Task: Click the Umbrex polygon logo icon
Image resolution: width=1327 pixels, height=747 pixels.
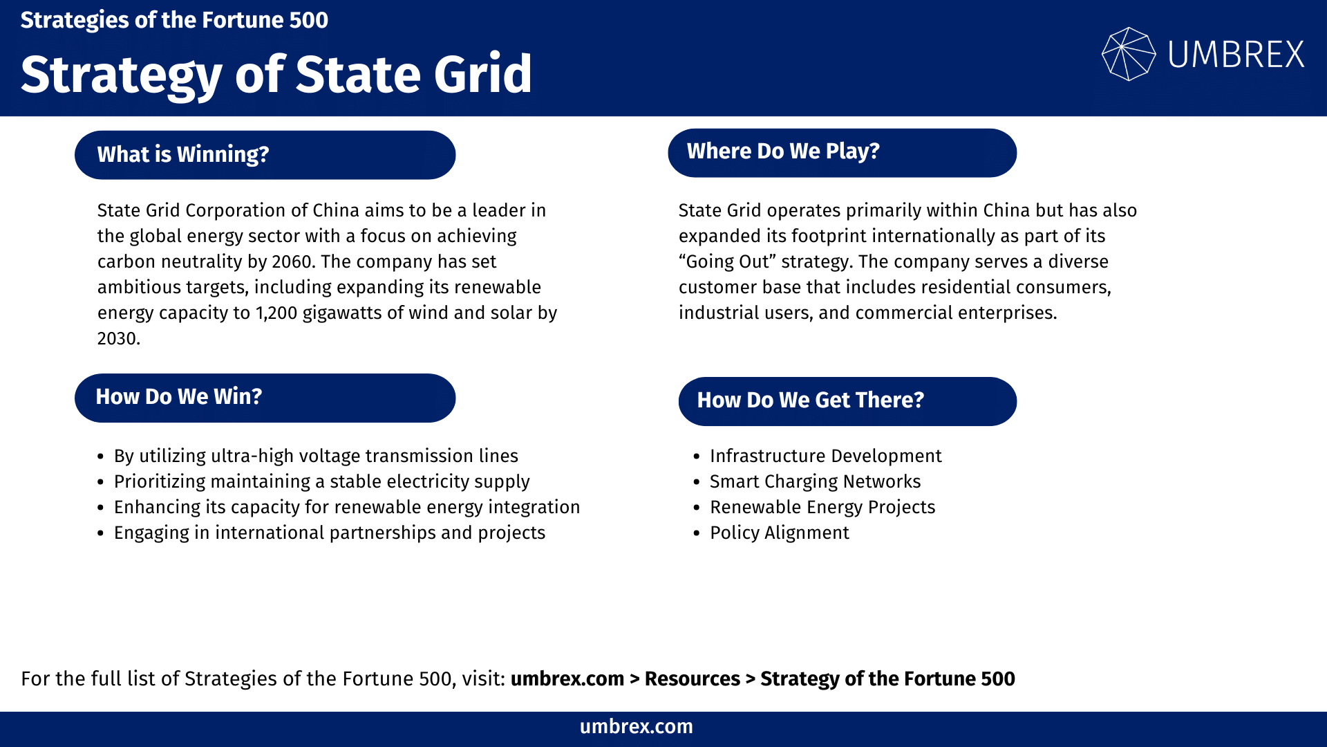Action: pyautogui.click(x=1128, y=54)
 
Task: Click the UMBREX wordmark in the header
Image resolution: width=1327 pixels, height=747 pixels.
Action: pyautogui.click(x=1236, y=55)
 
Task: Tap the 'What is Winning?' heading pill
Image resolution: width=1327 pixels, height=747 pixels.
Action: pyautogui.click(x=265, y=155)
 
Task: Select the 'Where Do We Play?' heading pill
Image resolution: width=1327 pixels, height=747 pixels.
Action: pyautogui.click(x=842, y=152)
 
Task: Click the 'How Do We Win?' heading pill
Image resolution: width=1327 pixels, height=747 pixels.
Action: pyautogui.click(x=265, y=398)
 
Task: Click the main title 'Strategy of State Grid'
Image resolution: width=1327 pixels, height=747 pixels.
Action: pyautogui.click(x=276, y=75)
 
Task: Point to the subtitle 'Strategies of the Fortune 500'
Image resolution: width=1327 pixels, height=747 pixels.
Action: pyautogui.click(x=174, y=20)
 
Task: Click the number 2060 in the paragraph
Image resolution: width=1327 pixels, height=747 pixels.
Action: pyautogui.click(x=293, y=261)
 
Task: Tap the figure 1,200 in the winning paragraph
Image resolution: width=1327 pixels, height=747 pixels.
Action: pyautogui.click(x=276, y=313)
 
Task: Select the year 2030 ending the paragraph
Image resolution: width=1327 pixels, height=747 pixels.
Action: pyautogui.click(x=117, y=338)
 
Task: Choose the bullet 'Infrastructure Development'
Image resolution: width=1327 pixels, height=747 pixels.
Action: pyautogui.click(x=825, y=456)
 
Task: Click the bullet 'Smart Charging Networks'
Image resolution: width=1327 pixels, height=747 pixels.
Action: pyautogui.click(x=815, y=481)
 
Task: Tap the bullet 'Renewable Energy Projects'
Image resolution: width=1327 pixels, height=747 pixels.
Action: pyautogui.click(x=822, y=507)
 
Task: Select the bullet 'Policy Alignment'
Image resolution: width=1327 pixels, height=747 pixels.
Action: pyautogui.click(x=780, y=533)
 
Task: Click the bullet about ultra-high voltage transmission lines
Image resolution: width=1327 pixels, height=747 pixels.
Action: pyautogui.click(x=316, y=456)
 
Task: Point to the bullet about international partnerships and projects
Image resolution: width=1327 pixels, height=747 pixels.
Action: pyautogui.click(x=330, y=533)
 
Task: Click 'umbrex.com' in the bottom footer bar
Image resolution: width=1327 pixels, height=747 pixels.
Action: pyautogui.click(x=636, y=726)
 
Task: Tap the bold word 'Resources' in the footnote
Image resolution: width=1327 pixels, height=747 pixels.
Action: pyautogui.click(x=692, y=679)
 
